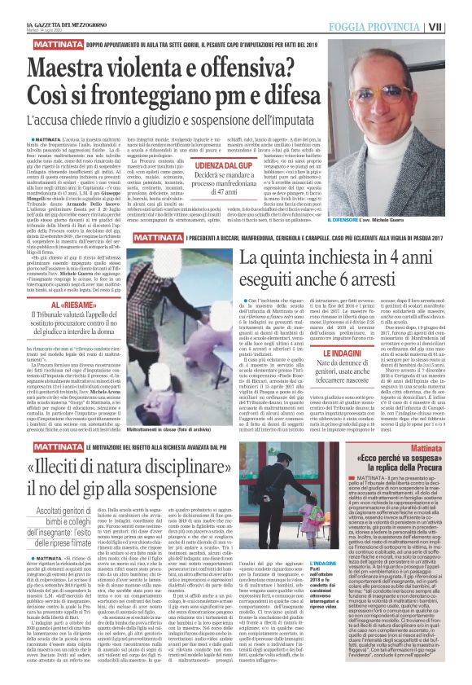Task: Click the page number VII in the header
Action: tap(460, 27)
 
